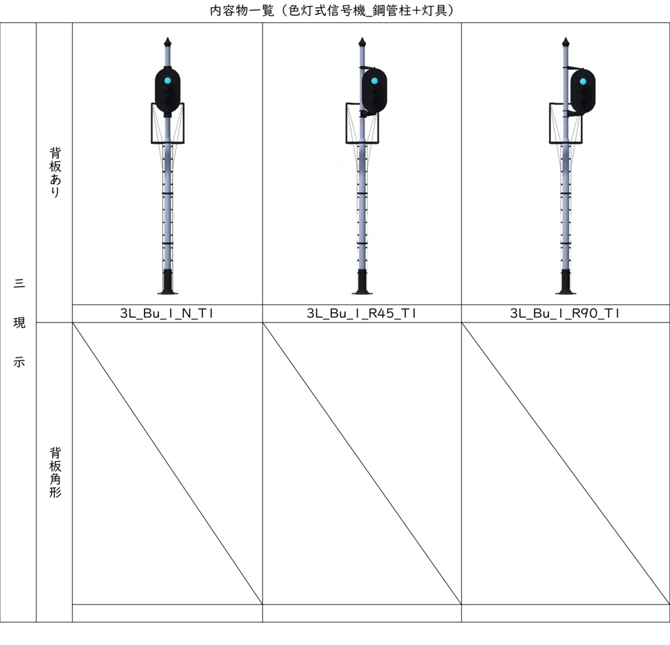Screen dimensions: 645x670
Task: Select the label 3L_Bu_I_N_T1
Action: click(167, 313)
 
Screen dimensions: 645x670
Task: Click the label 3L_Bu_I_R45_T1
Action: click(361, 313)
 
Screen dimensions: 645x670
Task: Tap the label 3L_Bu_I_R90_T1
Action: click(565, 313)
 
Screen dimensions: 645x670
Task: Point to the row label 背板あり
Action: click(55, 172)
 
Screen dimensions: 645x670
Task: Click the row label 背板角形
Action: click(55, 472)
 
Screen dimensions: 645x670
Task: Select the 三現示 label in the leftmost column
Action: click(19, 322)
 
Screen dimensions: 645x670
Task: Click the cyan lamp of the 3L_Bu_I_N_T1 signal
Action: click(167, 81)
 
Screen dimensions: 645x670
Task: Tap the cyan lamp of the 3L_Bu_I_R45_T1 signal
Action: click(374, 82)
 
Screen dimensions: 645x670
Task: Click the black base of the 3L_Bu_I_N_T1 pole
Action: click(167, 283)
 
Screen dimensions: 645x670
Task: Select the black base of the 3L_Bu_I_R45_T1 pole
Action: click(362, 283)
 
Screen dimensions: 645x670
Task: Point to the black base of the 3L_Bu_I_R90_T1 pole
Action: click(565, 283)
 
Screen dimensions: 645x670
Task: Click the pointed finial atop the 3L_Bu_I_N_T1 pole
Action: click(167, 43)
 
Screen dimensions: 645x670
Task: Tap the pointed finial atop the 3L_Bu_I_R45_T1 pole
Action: click(362, 43)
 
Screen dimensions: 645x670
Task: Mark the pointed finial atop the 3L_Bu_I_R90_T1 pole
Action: click(565, 43)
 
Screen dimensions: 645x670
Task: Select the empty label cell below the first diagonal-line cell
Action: click(167, 613)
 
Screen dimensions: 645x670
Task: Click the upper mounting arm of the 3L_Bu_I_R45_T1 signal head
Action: click(366, 67)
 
